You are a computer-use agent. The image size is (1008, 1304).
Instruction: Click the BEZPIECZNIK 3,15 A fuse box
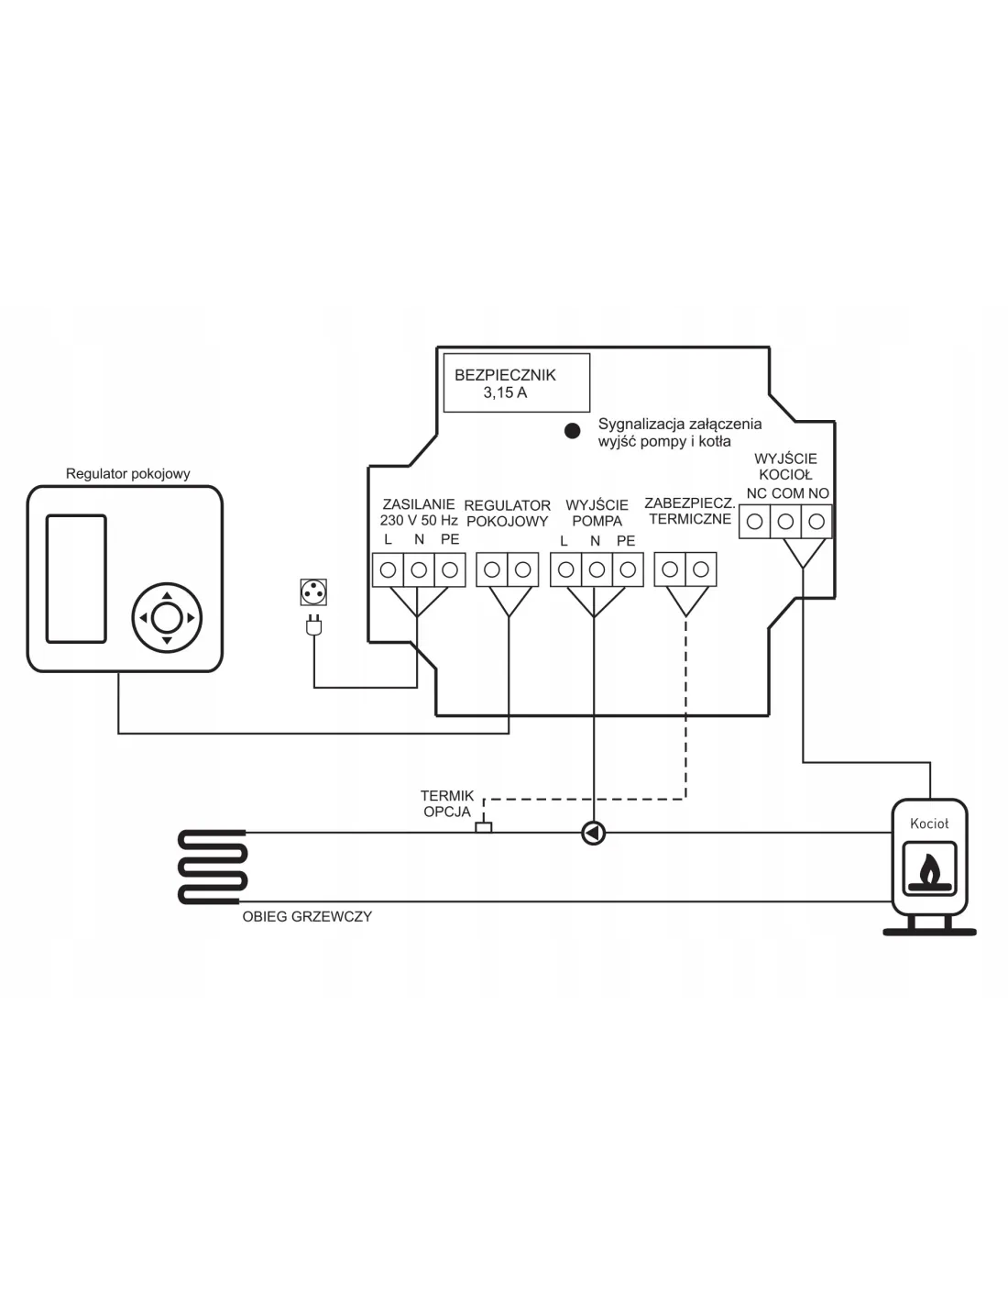516,383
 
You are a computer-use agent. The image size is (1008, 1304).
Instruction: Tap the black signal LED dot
573,430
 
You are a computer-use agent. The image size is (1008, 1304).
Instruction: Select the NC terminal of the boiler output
755,523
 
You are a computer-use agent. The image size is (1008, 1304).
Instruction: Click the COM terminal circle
786,523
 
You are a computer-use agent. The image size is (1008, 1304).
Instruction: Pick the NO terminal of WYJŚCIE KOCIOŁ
816,523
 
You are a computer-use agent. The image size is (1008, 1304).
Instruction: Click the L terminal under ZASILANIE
389,570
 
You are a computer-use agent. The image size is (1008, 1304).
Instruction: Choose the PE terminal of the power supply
449,570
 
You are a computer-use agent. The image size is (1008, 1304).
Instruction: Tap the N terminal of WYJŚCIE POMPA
597,570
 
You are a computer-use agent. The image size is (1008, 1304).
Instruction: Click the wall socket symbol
313,592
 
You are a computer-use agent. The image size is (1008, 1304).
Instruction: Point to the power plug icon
313,625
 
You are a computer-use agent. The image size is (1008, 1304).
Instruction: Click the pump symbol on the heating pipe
594,834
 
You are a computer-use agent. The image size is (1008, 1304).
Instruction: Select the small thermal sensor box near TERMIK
483,827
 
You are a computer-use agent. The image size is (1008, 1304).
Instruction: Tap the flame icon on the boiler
929,872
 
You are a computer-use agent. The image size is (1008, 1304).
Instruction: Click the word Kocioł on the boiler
929,823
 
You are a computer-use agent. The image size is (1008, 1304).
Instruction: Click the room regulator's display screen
76,578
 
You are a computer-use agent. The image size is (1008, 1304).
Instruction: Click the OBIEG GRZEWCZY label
307,916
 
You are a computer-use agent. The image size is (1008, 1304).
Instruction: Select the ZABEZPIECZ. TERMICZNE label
690,512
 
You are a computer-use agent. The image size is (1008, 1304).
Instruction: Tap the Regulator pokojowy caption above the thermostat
128,474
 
